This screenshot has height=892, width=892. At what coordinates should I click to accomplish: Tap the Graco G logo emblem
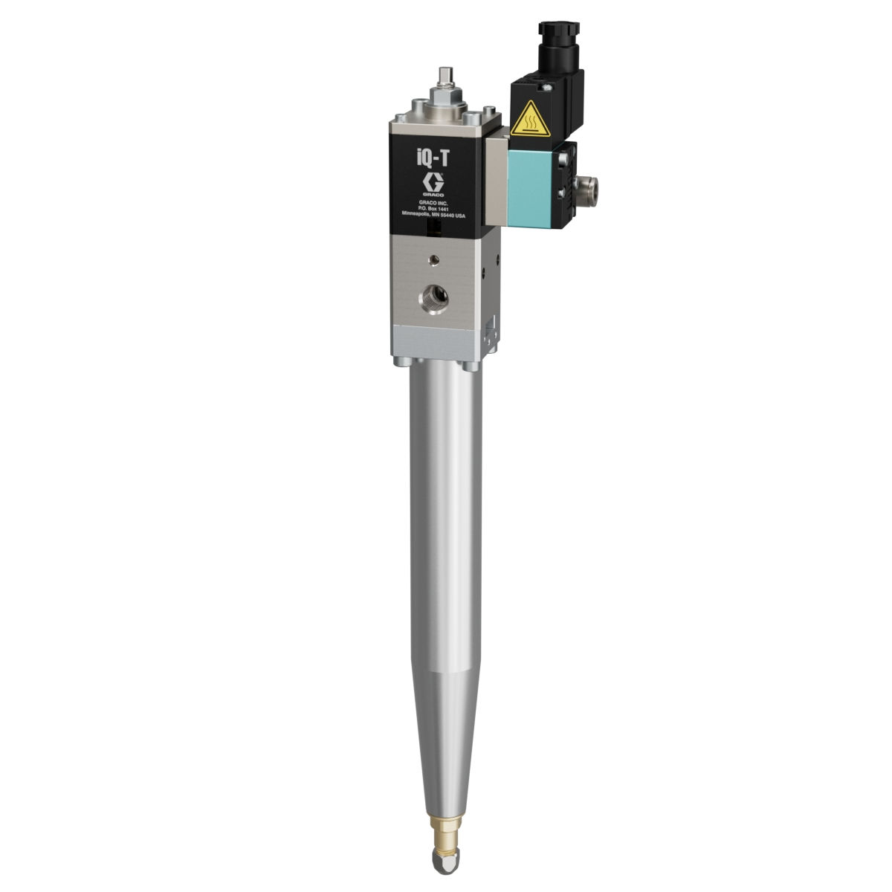433,182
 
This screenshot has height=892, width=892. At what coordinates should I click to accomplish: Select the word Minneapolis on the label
420,216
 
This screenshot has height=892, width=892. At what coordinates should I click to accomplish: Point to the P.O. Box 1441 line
433,209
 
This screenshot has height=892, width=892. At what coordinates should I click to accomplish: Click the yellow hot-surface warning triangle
531,120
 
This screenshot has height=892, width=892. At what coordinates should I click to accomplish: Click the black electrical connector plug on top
558,51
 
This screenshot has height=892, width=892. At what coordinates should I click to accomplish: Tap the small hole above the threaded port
433,261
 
